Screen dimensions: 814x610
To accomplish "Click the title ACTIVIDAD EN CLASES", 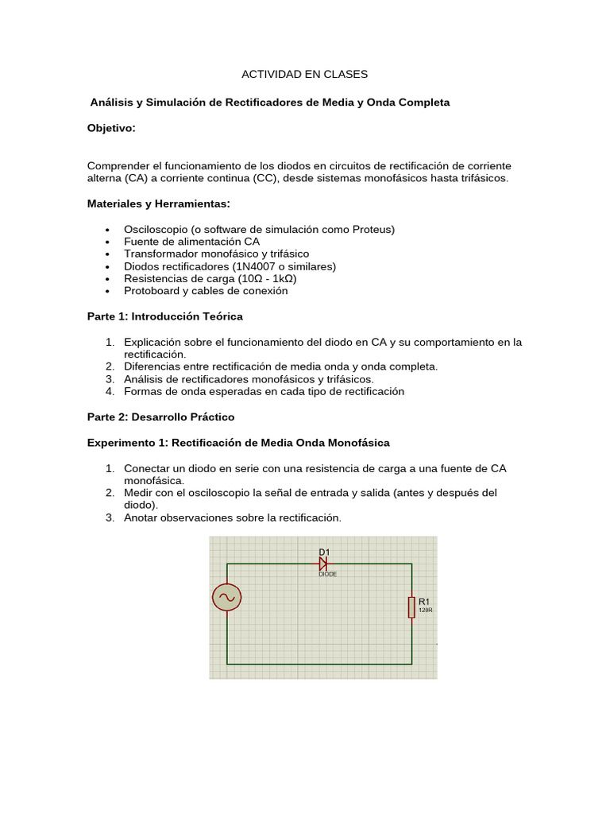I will (304, 74).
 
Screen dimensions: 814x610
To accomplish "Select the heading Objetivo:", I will (111, 128).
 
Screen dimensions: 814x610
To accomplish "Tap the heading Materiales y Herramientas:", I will (158, 203).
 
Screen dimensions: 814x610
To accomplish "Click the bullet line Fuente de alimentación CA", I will (191, 242).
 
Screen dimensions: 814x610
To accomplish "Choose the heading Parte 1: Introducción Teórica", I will (164, 316).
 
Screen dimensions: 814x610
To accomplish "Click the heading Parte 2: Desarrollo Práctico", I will (160, 417).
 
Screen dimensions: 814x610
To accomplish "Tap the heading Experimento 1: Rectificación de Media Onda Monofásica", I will (238, 442).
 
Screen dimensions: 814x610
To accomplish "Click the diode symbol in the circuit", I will (323, 564).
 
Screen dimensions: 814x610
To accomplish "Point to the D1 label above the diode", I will (324, 552).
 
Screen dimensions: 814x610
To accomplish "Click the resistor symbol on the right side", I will (411, 607).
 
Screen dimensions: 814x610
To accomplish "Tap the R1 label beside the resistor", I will (423, 602).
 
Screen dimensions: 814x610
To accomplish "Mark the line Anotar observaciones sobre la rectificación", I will (232, 517).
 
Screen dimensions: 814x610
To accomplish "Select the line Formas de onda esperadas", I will (264, 392).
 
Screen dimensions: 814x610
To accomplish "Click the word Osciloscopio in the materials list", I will (154, 229).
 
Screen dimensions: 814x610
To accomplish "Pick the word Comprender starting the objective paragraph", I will (118, 165).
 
